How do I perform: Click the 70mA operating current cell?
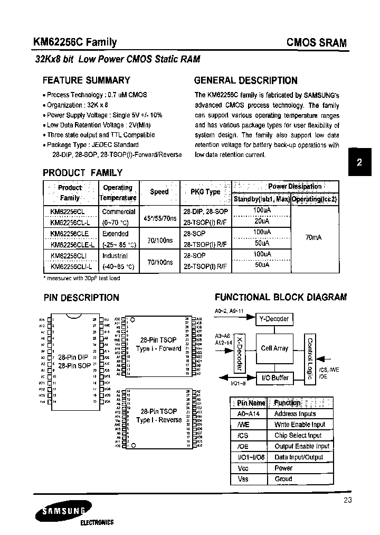[x=313, y=237]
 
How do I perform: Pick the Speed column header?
[x=159, y=192]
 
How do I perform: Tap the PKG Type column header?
[x=205, y=192]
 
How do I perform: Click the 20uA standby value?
[x=261, y=222]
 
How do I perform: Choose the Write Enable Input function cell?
[x=300, y=425]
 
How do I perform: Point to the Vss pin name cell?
[x=243, y=479]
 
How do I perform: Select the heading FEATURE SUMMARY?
[x=86, y=80]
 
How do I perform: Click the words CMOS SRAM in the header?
[x=316, y=43]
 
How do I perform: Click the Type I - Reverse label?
[x=159, y=420]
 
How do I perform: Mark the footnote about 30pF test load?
[x=81, y=278]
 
